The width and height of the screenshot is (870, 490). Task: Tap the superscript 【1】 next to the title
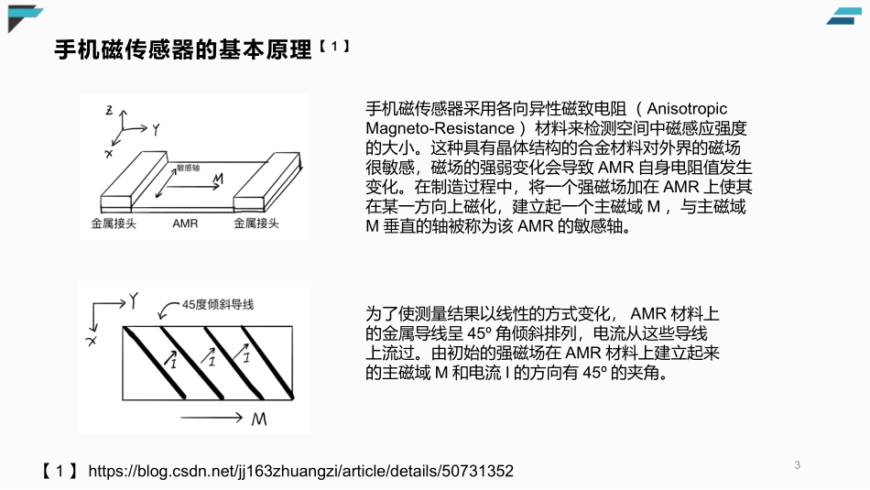click(335, 46)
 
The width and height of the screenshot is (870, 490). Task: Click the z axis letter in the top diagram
click(109, 112)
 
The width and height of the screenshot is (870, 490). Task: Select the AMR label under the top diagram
click(185, 223)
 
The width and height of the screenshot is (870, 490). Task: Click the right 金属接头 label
click(257, 223)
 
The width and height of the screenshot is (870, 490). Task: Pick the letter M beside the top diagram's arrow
click(218, 184)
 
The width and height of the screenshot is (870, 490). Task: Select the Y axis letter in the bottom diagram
click(134, 299)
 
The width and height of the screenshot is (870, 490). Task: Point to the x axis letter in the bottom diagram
click(92, 341)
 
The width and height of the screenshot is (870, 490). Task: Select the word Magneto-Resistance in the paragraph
click(440, 126)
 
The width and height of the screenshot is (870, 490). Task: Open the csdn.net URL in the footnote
click(301, 471)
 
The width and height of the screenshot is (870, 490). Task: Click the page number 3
click(797, 465)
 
